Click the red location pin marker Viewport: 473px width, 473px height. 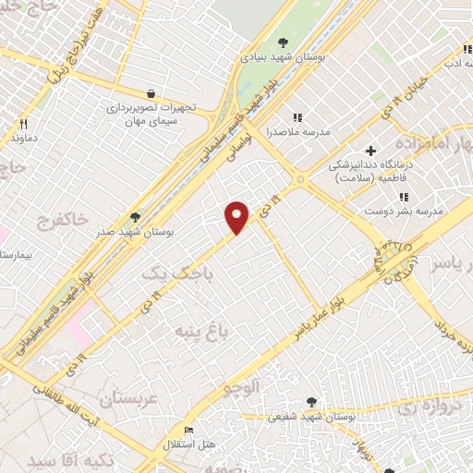[237, 217]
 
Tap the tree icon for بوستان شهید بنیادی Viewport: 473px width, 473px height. [284, 42]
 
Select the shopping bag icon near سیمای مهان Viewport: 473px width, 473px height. [151, 93]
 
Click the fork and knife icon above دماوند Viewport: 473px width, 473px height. [24, 123]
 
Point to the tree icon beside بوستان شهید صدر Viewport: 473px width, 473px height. [136, 217]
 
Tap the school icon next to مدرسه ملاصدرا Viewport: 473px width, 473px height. [297, 117]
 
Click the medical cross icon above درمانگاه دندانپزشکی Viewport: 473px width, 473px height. [370, 151]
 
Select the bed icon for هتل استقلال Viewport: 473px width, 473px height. [189, 430]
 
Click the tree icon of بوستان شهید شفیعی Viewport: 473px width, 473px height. [311, 402]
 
